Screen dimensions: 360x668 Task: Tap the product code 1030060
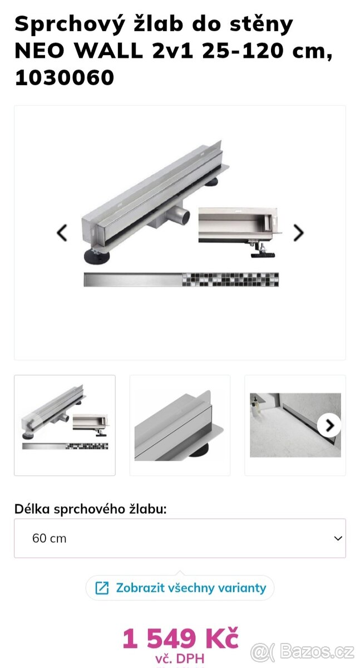point(65,77)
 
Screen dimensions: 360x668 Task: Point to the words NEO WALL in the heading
point(78,51)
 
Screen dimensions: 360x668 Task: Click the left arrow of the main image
point(62,233)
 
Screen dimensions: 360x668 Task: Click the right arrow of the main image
point(299,233)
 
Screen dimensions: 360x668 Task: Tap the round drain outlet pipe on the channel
point(179,215)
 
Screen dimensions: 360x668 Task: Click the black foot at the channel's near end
point(97,257)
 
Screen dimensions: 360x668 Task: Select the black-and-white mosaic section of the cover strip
point(230,279)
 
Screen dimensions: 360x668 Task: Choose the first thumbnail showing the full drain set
point(65,425)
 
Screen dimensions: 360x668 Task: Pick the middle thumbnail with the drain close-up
point(180,425)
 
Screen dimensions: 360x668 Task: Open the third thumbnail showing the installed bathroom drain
point(295,425)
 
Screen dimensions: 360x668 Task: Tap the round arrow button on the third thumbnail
point(329,425)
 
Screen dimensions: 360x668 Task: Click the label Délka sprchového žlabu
point(91,509)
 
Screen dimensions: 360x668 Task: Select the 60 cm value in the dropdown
point(49,538)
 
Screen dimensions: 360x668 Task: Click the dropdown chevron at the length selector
point(338,538)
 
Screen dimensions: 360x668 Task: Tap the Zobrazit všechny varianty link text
point(191,588)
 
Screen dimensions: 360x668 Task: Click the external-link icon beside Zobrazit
point(102,588)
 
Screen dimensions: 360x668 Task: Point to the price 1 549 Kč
point(181,638)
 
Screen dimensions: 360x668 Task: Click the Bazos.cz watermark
point(302,652)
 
